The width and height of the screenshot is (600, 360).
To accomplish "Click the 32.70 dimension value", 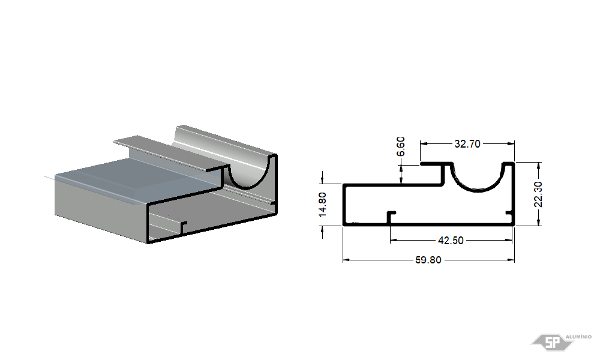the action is [x=467, y=144].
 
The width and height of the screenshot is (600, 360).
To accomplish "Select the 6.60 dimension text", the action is [x=401, y=147].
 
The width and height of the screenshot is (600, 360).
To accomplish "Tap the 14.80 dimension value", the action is [x=323, y=205].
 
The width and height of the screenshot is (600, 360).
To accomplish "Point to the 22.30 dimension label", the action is [x=538, y=194].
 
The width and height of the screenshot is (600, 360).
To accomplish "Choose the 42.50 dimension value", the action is [x=451, y=240].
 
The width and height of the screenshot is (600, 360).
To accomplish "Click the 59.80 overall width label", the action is [x=428, y=260].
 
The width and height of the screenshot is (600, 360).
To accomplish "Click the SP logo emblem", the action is [x=552, y=342].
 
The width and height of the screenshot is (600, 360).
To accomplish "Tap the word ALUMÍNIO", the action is [x=578, y=337].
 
